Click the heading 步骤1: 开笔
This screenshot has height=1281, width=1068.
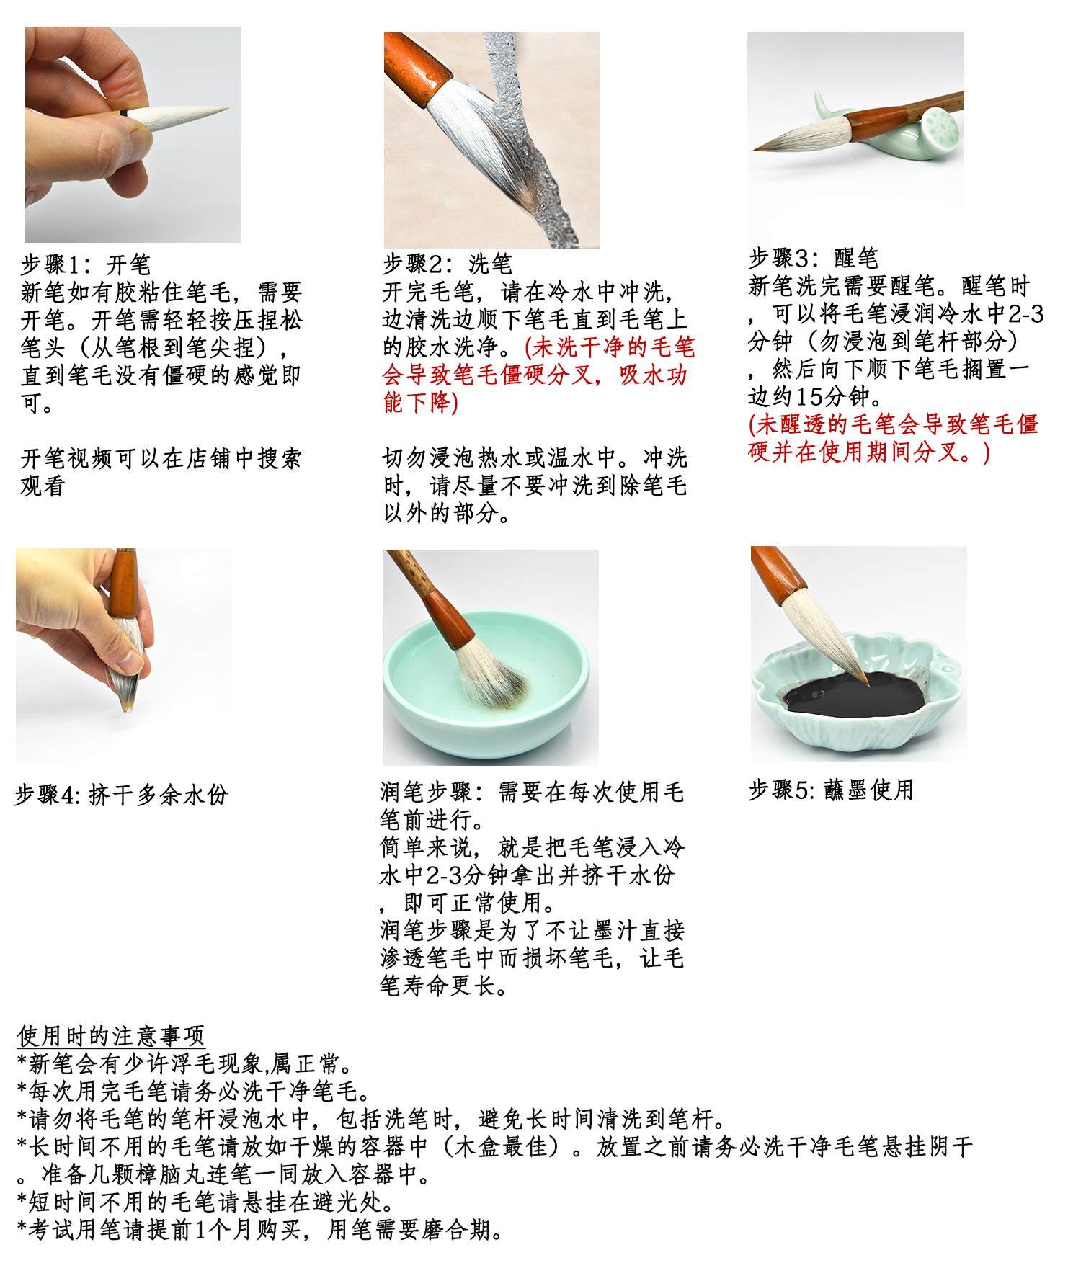click(85, 264)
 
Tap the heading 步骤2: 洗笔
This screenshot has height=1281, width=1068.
click(447, 264)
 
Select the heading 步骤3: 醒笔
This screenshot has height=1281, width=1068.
click(812, 258)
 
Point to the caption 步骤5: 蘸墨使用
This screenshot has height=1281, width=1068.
click(830, 790)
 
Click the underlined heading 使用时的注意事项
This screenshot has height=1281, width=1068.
click(111, 1036)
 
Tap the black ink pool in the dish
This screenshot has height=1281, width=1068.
click(850, 697)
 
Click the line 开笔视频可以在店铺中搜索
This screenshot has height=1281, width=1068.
click(160, 458)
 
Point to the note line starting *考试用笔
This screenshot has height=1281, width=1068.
click(259, 1229)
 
